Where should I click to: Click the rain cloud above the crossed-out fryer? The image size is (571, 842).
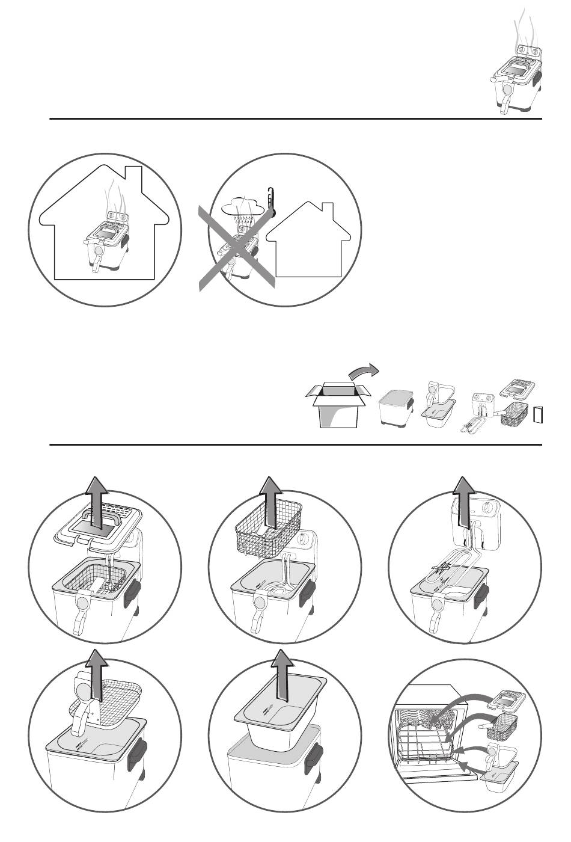[241, 208]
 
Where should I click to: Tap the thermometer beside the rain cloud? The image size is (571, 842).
[272, 201]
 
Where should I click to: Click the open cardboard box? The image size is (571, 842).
[336, 404]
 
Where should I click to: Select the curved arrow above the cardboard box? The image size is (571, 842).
[364, 372]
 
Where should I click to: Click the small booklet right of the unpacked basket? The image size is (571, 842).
[539, 416]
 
